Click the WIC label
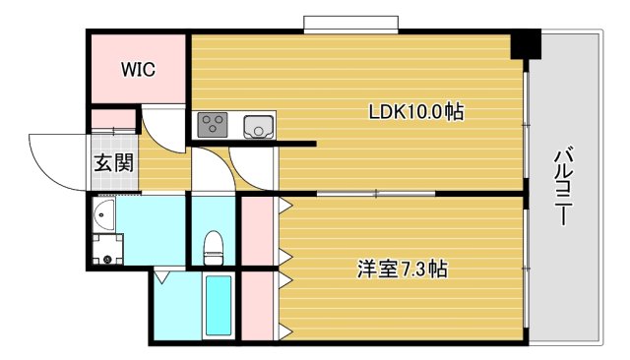tap(139, 69)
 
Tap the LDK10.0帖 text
tap(415, 113)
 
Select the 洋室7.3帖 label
tap(402, 268)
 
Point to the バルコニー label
tap(564, 187)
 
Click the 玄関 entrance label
tap(113, 163)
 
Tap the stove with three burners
tap(213, 125)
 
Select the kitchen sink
tap(258, 125)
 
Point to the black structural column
tap(526, 44)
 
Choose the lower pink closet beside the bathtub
tap(258, 305)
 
